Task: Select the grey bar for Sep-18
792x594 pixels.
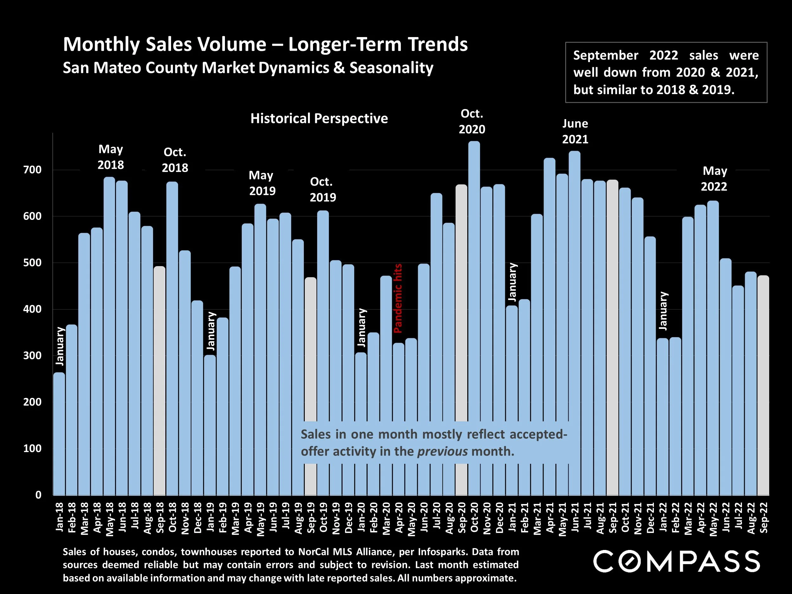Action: click(160, 380)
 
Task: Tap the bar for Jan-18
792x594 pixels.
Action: click(59, 433)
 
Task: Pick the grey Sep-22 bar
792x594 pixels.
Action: click(763, 385)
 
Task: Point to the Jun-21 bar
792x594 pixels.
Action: click(575, 322)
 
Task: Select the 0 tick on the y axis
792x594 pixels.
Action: click(38, 495)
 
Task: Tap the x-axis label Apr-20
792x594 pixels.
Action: click(399, 517)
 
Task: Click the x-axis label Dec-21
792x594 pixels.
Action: click(651, 517)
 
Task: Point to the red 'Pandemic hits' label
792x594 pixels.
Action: click(398, 298)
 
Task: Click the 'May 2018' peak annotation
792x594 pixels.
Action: click(111, 157)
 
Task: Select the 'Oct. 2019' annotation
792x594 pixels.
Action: click(323, 189)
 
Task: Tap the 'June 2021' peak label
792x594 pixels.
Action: click(575, 131)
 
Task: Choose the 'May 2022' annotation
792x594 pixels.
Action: click(714, 178)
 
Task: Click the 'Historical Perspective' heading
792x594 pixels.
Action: click(319, 118)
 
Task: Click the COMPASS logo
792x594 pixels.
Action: click(676, 561)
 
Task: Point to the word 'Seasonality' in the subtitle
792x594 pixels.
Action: click(391, 68)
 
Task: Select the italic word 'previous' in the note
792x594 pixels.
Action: click(442, 451)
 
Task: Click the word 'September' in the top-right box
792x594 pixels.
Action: click(605, 55)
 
